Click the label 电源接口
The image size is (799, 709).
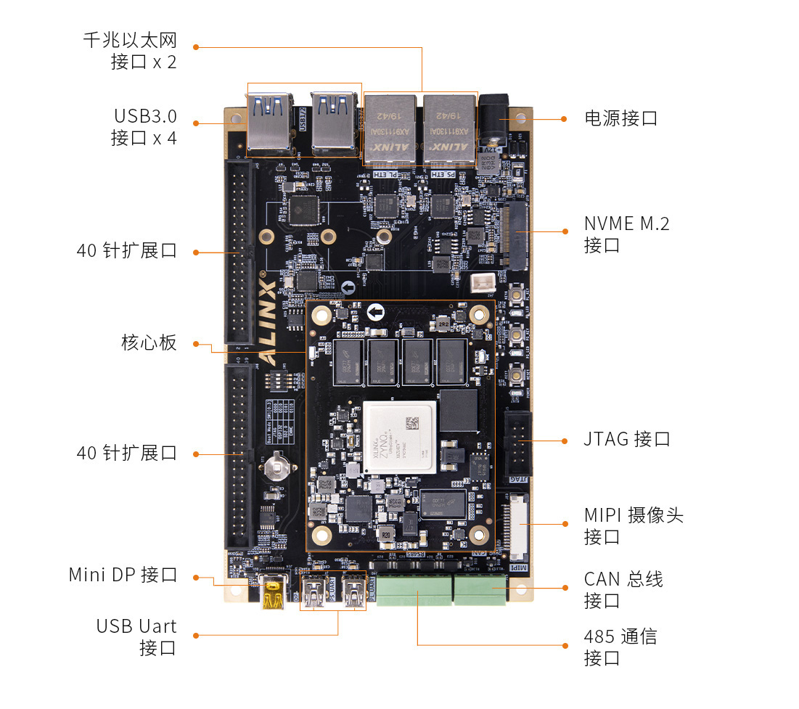click(620, 118)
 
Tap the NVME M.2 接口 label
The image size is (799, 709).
click(626, 234)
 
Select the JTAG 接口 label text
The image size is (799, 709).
click(627, 439)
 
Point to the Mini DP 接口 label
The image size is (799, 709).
click(123, 575)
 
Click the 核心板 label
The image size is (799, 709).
click(149, 343)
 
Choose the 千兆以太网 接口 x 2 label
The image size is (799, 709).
click(130, 51)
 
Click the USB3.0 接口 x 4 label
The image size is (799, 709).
click(144, 127)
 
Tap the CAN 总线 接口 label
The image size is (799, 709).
click(623, 589)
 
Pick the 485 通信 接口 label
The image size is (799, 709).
click(620, 647)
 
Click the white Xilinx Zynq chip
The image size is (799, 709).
click(401, 437)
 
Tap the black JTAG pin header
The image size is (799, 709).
click(517, 443)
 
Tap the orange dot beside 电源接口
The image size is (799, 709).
click(564, 118)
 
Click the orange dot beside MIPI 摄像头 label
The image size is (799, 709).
click(565, 523)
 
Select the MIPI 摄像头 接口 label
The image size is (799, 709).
click(633, 526)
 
